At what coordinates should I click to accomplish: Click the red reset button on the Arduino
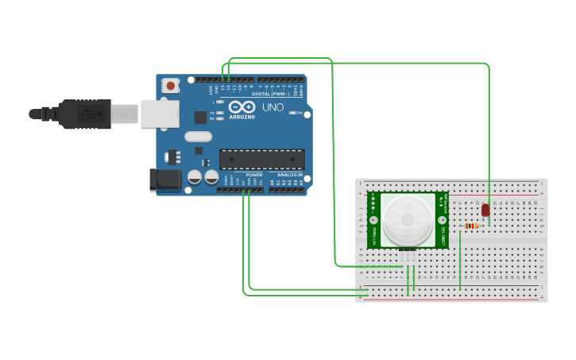pos(170,85)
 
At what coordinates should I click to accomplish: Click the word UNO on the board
pos(273,107)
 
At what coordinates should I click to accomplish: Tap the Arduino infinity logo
pos(241,106)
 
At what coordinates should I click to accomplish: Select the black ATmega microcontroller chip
pos(261,159)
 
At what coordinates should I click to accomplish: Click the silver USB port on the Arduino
pos(160,114)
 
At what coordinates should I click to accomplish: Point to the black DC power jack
pos(165,180)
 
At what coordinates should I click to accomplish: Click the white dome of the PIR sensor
pos(408,220)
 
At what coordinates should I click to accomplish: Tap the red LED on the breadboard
pos(485,210)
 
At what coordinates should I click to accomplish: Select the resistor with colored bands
pos(472,226)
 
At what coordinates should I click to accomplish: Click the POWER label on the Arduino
pos(254,175)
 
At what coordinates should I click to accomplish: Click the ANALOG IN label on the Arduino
pos(289,175)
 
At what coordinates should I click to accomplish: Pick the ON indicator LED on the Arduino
pos(292,113)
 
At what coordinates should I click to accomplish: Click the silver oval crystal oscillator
pos(198,136)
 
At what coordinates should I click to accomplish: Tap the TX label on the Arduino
pos(212,113)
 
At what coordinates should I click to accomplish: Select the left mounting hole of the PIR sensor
pos(373,220)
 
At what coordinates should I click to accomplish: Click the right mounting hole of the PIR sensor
pos(442,220)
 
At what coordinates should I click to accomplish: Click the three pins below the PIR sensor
pos(408,256)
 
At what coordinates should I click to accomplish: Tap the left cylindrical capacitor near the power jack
pos(194,177)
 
